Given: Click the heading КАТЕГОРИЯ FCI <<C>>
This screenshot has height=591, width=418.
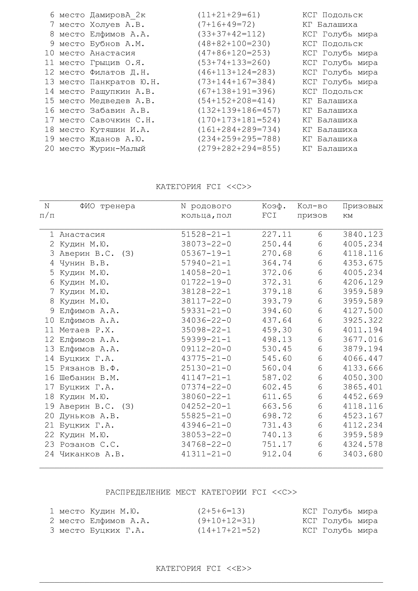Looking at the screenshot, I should [204, 187].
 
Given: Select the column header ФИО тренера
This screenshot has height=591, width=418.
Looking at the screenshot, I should [107, 206].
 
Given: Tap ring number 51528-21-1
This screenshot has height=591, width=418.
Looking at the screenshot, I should [206, 234].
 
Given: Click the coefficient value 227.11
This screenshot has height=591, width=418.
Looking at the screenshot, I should [277, 234].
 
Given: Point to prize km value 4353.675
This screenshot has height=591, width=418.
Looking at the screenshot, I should [363, 263].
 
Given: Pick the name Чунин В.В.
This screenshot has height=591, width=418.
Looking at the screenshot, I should [84, 263].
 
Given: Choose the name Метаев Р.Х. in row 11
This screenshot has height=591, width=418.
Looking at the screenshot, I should [87, 330].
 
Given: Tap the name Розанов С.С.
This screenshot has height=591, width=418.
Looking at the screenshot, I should [89, 444].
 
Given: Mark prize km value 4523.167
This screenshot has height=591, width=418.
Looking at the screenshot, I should [363, 416].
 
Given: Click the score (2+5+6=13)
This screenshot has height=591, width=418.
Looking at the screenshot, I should [221, 511].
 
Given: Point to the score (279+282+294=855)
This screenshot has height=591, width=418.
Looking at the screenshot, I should [239, 149].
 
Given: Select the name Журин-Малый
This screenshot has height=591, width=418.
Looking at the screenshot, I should [118, 149].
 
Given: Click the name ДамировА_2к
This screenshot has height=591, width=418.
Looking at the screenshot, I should [118, 15].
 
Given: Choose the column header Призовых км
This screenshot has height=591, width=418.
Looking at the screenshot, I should [362, 210].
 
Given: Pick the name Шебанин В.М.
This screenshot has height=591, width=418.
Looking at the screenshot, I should [89, 377].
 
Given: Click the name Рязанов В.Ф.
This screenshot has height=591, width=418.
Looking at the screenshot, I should [89, 368].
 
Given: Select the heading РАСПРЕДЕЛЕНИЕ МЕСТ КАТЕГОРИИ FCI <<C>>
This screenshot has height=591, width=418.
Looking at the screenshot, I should [201, 492].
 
